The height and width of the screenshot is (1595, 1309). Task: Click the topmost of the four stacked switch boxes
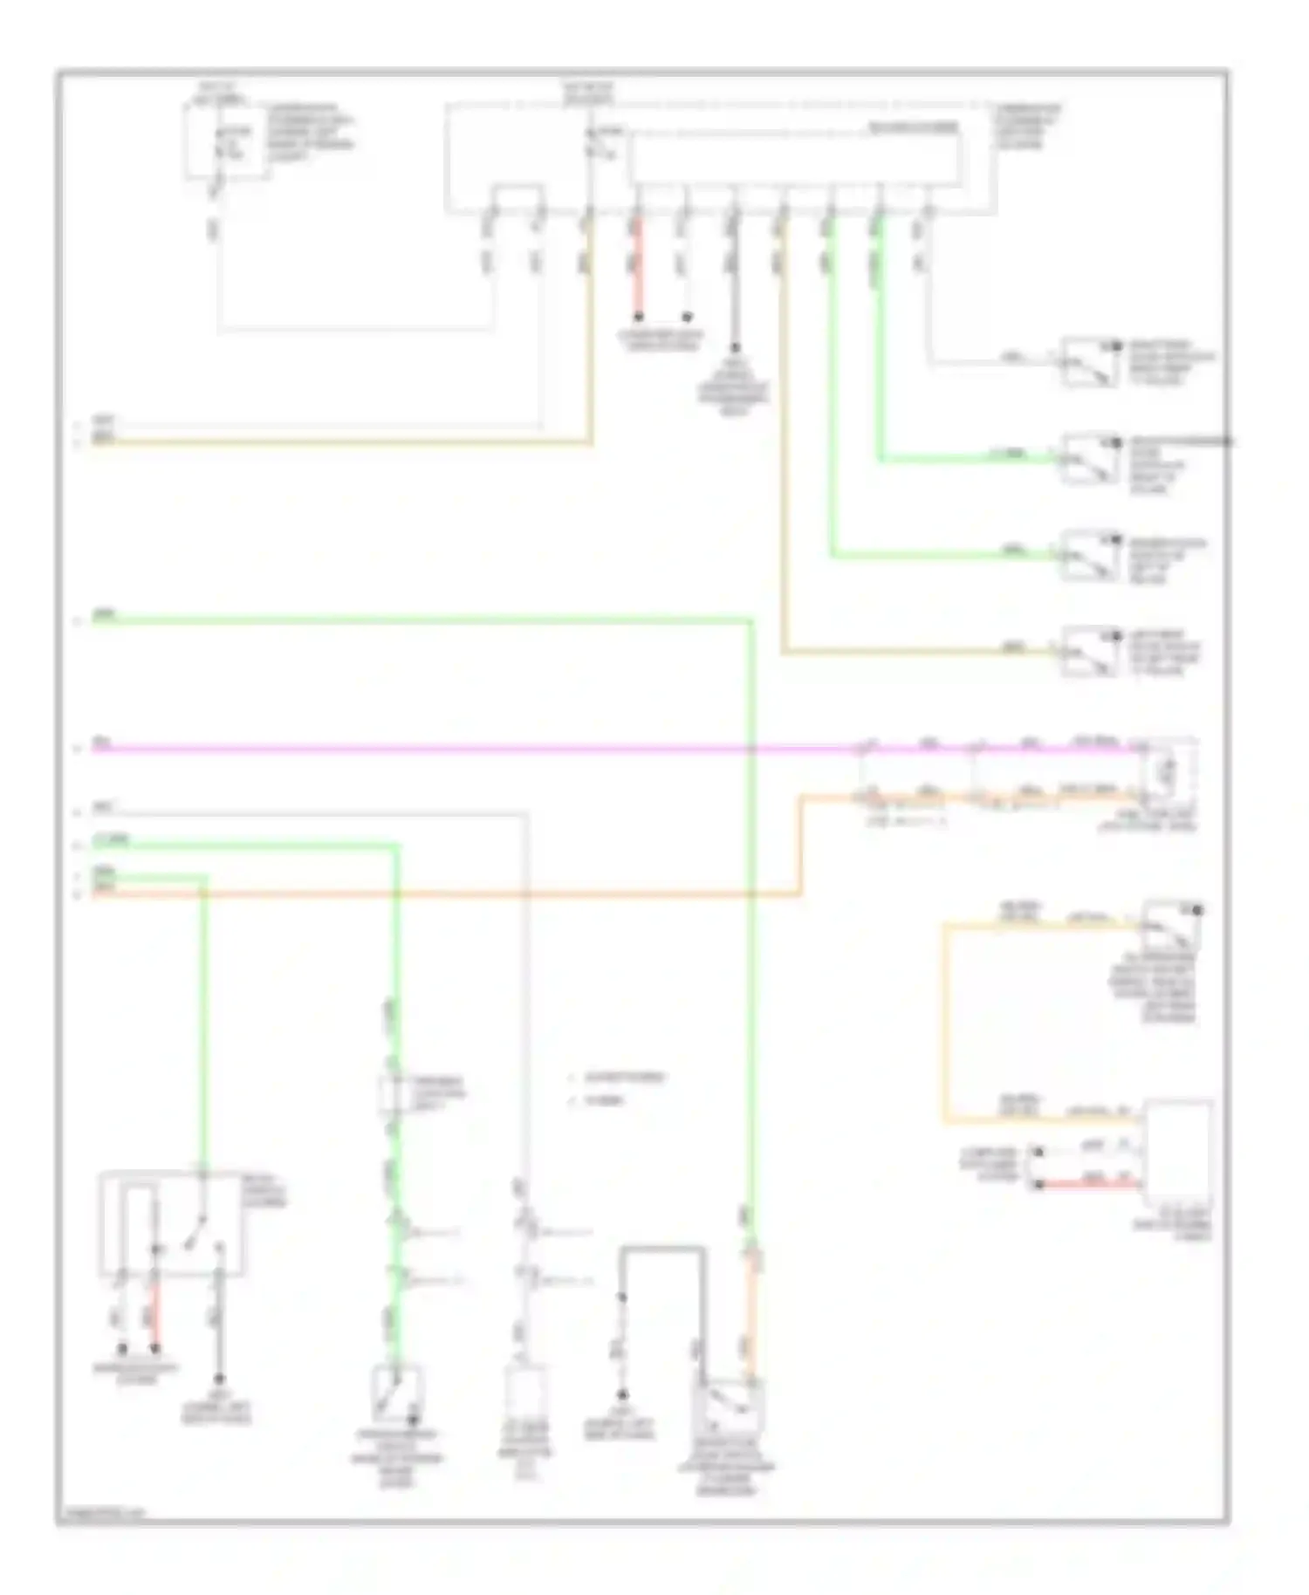[x=1090, y=360]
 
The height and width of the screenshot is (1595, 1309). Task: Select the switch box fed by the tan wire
[x=1090, y=651]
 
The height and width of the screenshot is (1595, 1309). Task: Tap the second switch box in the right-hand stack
[x=1090, y=458]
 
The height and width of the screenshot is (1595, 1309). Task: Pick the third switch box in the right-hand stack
[x=1090, y=555]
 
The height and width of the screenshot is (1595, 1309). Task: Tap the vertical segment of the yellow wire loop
[x=944, y=1021]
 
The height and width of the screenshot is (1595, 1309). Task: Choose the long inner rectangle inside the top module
[x=796, y=159]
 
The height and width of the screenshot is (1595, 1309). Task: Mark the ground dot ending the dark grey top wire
[x=735, y=347]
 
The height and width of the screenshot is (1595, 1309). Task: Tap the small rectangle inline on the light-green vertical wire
[x=391, y=1096]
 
